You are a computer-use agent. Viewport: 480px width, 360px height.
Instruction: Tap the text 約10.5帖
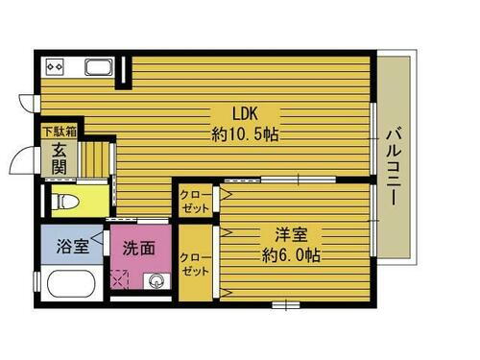(245, 134)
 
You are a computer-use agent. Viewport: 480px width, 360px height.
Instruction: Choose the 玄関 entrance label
(59, 157)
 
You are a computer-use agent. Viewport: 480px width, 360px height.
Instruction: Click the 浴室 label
(74, 246)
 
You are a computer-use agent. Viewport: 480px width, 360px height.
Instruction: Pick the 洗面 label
(139, 247)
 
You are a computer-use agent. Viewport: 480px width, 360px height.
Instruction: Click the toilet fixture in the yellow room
(65, 202)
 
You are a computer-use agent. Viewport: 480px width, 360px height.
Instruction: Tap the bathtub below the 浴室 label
(69, 286)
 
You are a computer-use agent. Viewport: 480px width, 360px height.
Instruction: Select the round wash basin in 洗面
(156, 281)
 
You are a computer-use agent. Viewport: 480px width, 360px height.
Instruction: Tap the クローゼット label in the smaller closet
(194, 202)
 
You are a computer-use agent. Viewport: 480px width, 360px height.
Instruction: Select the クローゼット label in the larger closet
(195, 265)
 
